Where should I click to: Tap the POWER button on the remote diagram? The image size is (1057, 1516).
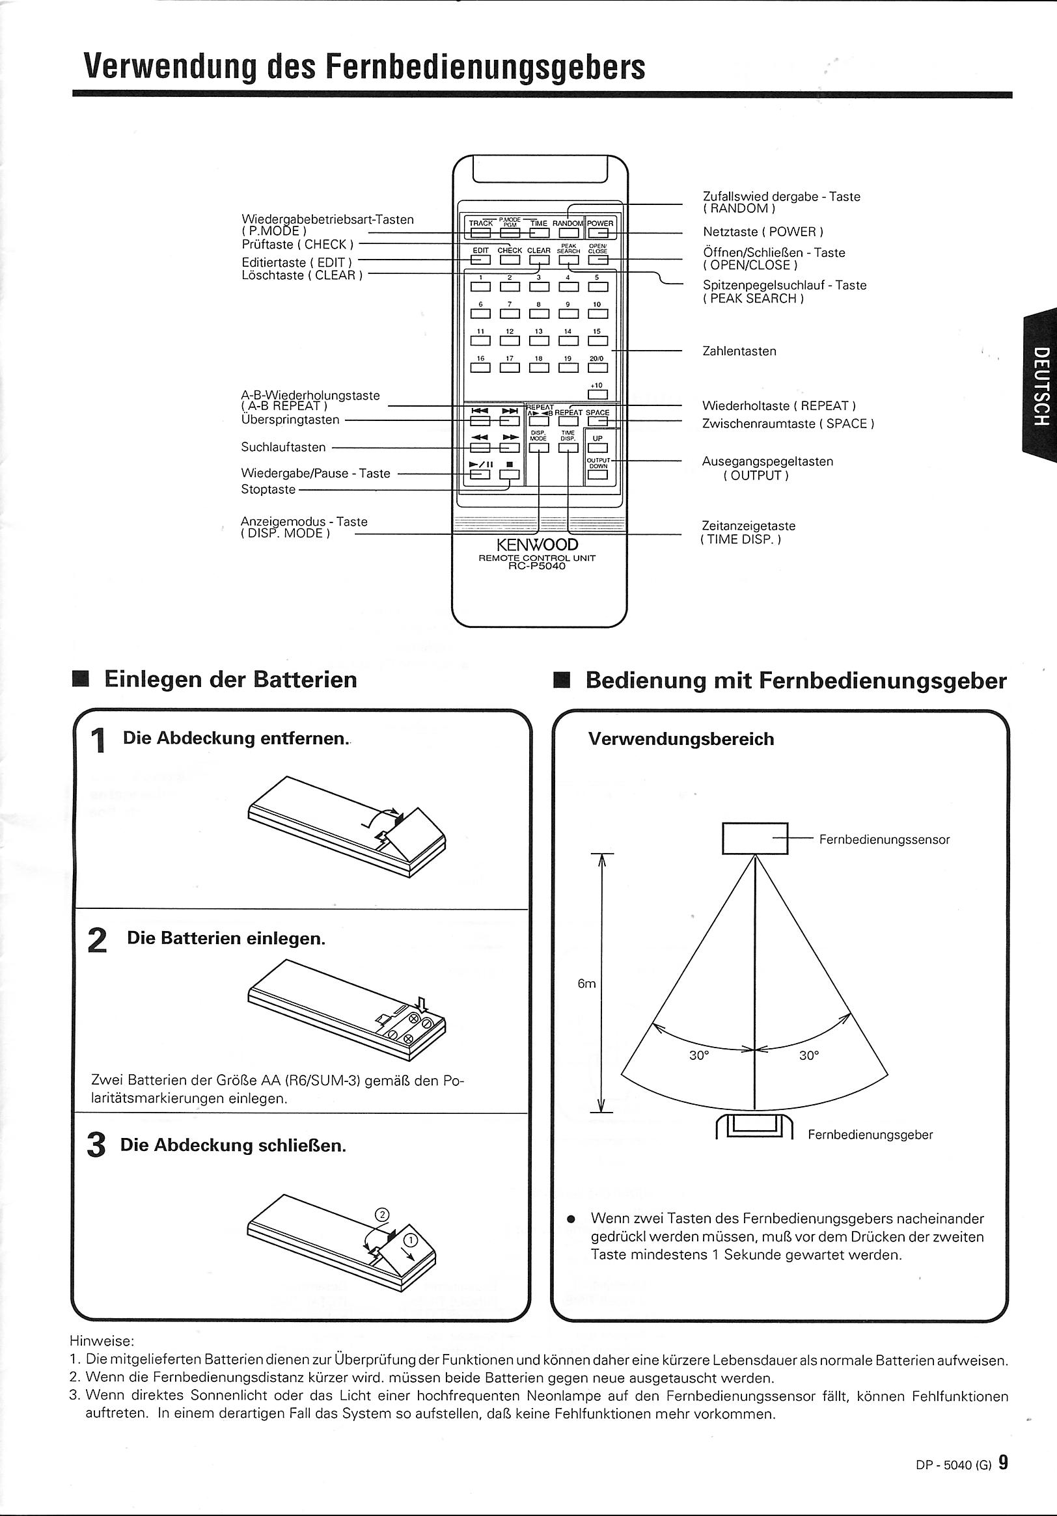(599, 232)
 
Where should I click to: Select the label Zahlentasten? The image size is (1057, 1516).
(739, 351)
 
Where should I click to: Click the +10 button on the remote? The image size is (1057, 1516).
(597, 395)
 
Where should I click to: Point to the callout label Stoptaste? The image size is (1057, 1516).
(268, 489)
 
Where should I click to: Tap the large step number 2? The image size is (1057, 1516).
(97, 940)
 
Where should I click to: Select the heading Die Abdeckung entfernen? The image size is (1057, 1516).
(235, 738)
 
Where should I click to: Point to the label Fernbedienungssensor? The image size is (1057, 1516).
(885, 840)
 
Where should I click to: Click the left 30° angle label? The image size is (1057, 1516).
(699, 1055)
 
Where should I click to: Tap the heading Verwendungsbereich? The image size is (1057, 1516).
(681, 739)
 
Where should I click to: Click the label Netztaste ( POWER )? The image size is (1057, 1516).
(763, 232)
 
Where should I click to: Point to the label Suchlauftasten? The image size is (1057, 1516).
(283, 447)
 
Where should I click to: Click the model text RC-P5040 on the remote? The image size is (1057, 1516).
(537, 566)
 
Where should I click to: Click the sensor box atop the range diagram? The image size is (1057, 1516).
(754, 839)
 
